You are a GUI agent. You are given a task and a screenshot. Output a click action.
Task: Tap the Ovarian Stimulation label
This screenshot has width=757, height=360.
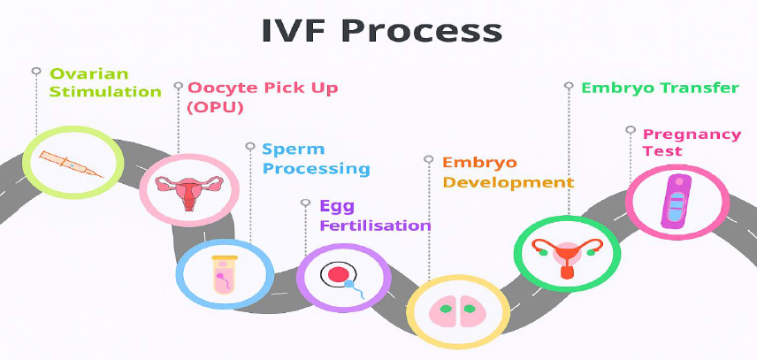pos(105,82)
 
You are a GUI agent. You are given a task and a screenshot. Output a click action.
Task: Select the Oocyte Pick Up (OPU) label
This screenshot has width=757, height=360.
pos(263,97)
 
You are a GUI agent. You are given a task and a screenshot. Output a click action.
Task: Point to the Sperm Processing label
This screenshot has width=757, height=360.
pos(316,159)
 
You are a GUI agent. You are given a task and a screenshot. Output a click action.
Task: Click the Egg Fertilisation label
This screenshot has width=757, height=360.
pos(375,216)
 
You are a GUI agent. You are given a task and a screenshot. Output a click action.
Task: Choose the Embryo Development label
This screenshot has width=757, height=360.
pos(508,172)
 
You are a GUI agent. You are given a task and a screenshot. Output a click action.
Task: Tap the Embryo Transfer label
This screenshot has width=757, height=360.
pos(660,88)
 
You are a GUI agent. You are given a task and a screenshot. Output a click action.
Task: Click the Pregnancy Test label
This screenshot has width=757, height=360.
pos(692,142)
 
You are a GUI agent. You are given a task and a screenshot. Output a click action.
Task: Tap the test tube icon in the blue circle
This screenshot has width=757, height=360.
pos(224,273)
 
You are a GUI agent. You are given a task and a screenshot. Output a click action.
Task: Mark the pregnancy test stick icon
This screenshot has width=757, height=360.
pos(677,203)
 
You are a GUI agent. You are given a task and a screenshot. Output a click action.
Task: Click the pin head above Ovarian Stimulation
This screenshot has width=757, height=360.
pos(36,70)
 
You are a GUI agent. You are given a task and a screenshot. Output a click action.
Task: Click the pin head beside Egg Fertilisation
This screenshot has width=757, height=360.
pos(306,203)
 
